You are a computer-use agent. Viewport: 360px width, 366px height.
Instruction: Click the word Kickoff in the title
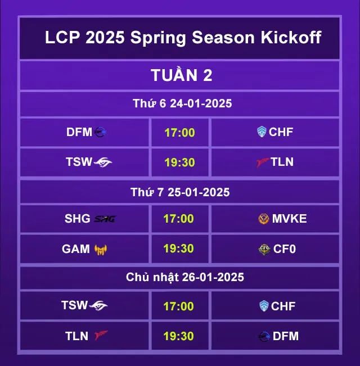point(291,37)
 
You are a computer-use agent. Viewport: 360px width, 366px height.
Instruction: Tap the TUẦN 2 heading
point(181,75)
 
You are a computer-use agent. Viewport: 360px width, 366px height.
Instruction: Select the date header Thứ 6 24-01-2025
point(182,103)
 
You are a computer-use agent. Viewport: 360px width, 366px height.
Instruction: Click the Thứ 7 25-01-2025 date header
point(180,192)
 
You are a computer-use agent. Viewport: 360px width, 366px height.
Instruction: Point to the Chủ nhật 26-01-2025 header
point(185,277)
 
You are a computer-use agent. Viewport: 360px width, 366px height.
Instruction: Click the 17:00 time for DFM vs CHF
point(179,133)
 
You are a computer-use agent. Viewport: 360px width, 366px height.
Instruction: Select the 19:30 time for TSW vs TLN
point(179,162)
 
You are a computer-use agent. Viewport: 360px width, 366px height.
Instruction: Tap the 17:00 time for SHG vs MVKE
point(179,219)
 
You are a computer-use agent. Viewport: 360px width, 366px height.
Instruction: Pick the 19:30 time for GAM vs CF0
point(179,248)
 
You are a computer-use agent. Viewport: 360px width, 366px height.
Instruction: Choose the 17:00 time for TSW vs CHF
point(179,306)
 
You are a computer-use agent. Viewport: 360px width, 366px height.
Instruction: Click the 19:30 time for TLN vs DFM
point(179,336)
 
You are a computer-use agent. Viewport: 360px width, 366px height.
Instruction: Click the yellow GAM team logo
point(101,250)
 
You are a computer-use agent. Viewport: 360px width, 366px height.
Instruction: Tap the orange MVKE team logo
point(264,219)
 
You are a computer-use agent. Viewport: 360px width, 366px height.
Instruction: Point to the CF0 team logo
point(264,249)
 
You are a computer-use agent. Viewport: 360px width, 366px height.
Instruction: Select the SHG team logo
point(105,219)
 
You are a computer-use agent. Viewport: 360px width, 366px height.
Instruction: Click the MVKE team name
point(289,219)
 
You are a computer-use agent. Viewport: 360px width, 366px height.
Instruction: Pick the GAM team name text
point(76,249)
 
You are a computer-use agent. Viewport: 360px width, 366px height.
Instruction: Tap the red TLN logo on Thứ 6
point(263,162)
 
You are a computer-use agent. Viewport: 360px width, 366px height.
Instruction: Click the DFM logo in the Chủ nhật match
point(264,336)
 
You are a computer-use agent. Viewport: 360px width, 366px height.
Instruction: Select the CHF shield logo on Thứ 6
point(262,132)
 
